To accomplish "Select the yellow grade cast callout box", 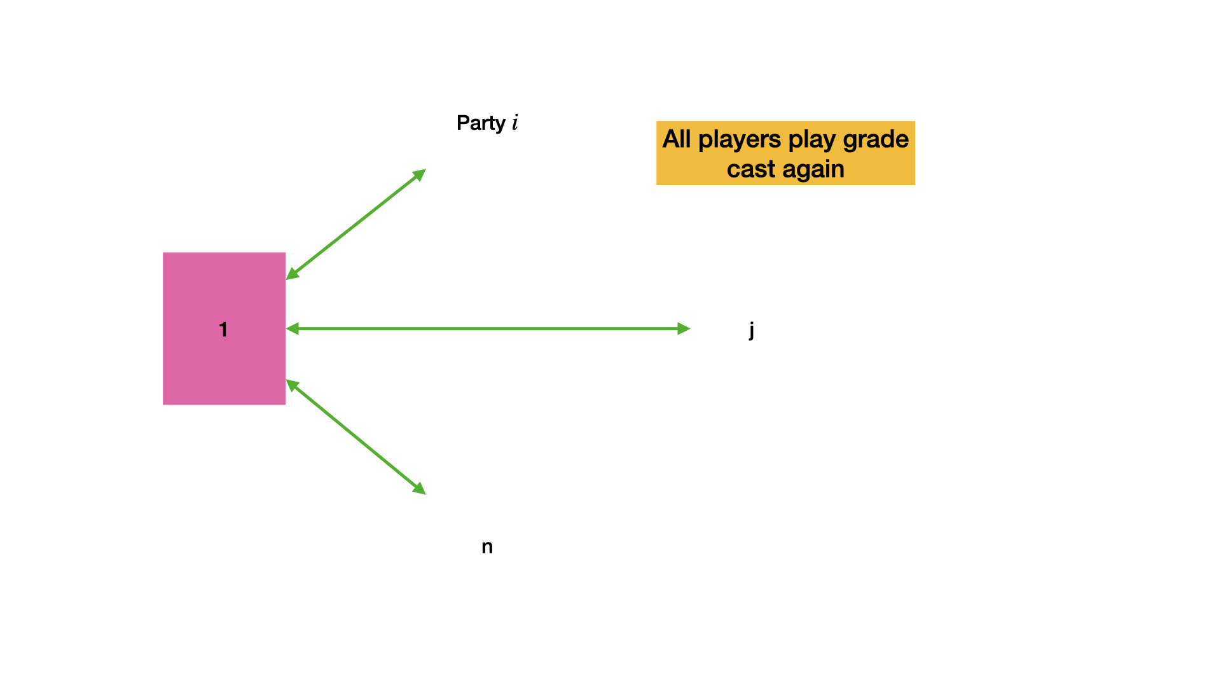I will (x=785, y=153).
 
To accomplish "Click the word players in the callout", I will (x=740, y=139).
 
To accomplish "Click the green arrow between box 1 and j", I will (x=488, y=329).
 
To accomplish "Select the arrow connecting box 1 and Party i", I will (x=355, y=225).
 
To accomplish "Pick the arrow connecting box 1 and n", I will (x=355, y=437).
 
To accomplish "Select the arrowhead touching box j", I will (x=684, y=329).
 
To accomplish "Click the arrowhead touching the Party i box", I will (x=419, y=175).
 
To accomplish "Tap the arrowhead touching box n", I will (x=419, y=489).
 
